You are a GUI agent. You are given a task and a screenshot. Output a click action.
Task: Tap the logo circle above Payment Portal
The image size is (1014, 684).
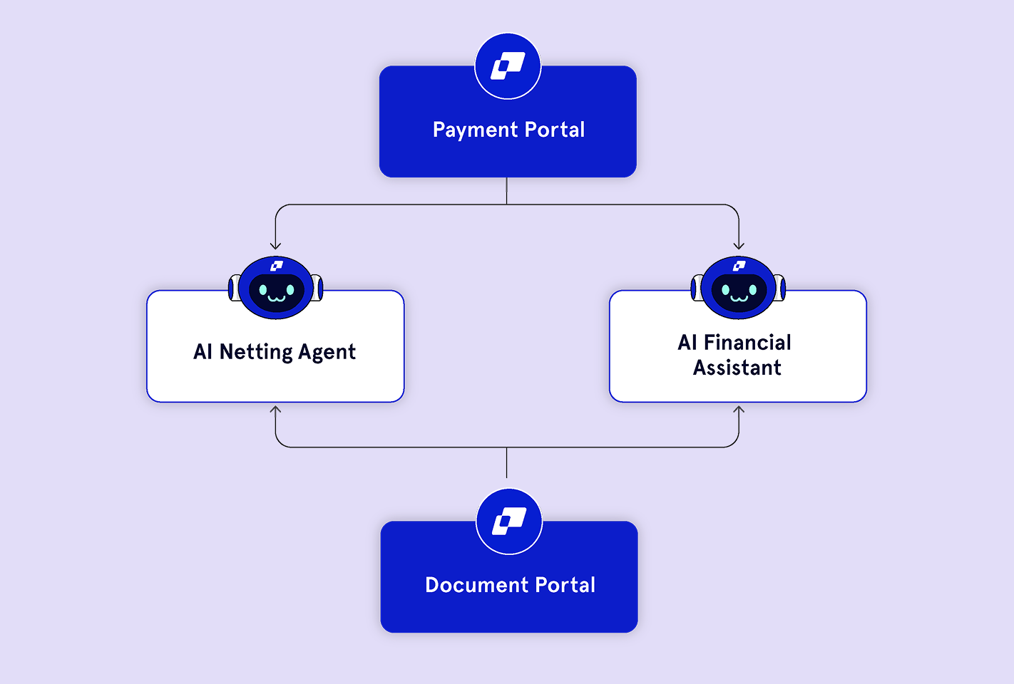[x=508, y=66]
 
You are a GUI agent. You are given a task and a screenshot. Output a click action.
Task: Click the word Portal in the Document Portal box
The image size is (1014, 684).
[x=565, y=585]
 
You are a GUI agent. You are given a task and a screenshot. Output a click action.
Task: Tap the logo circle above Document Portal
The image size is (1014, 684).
[x=509, y=522]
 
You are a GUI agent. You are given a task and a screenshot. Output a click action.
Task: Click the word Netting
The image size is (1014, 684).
[x=256, y=353]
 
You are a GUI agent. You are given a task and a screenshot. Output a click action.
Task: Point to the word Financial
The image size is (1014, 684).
[x=747, y=343]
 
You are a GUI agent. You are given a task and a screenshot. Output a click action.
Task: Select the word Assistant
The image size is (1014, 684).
[x=737, y=368]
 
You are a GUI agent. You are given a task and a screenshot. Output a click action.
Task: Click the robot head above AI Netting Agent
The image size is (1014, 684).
[x=276, y=287]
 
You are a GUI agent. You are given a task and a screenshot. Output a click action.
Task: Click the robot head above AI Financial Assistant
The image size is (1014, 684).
[x=739, y=287]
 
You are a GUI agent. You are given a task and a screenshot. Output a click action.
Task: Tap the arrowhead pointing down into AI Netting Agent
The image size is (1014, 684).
[x=275, y=246]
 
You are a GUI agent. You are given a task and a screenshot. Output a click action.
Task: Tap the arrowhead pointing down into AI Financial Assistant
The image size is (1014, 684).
[x=739, y=246]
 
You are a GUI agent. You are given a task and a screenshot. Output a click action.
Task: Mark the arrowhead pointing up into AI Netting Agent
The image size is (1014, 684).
[x=275, y=409]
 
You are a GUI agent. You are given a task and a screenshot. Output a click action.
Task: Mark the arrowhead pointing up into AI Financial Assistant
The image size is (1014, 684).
[x=739, y=409]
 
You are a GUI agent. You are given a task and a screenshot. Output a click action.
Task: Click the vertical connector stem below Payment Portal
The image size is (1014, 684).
[x=507, y=190]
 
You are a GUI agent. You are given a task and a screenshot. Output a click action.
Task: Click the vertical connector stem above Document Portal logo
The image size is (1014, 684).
[x=507, y=462]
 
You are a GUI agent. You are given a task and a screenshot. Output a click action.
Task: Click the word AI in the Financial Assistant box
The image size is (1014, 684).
[x=687, y=343]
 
